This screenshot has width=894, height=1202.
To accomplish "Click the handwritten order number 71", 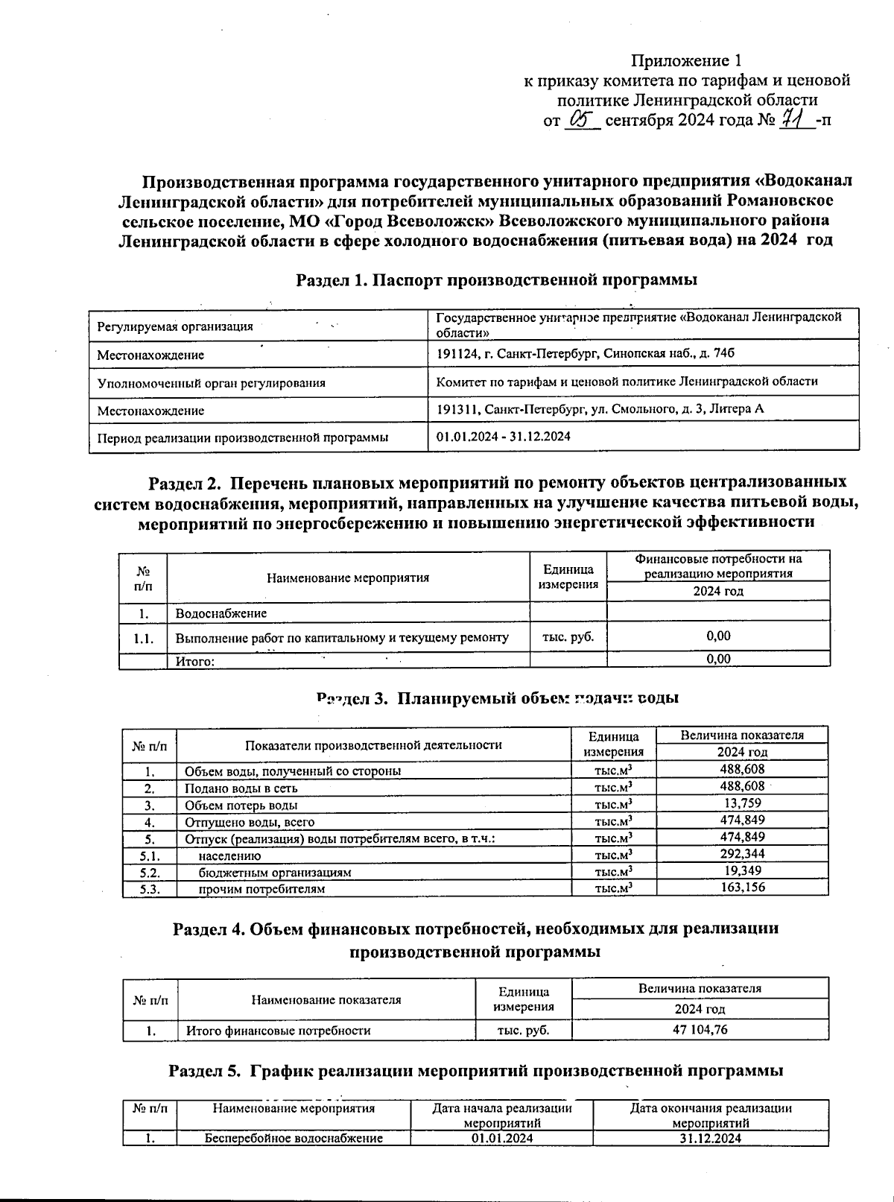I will coord(796,119).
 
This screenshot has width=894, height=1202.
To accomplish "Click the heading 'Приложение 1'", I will coord(687,60).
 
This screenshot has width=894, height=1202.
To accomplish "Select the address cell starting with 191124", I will coord(585,353).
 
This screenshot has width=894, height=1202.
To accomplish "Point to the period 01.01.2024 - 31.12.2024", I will coord(504,437).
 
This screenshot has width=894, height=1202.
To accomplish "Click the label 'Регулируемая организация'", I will coord(175,326).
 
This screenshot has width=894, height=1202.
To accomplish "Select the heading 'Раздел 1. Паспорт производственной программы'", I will coord(497,280).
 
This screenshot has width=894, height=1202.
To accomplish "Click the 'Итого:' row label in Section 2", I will coord(194,661).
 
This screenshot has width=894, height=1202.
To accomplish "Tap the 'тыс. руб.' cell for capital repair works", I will coord(568,637).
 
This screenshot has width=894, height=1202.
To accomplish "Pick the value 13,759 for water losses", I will coord(742,803).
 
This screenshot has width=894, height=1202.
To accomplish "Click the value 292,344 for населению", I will coord(742,854).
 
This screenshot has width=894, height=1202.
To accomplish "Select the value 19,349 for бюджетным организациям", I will coord(742,870).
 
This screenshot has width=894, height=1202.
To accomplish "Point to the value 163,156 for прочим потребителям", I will coord(742,888).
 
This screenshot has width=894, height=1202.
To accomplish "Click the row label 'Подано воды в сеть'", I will coord(241,788).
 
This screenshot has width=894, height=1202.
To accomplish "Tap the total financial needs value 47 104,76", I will coord(700,1030).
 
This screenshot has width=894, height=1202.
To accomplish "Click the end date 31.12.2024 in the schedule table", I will coord(710,1138).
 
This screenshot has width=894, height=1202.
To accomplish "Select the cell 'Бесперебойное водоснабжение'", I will coord(294,1138).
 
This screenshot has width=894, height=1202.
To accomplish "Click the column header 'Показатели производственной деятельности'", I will coord(373,744).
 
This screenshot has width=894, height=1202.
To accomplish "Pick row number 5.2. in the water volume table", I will coord(150,871).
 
